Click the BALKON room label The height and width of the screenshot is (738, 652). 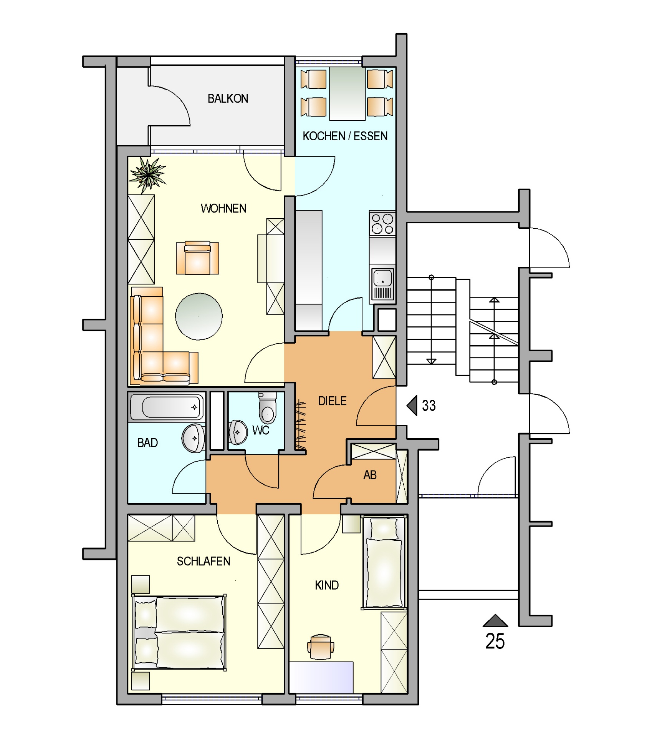pos(228,98)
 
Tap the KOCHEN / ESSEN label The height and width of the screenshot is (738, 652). pos(345,136)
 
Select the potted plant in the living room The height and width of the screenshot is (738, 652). pos(147,175)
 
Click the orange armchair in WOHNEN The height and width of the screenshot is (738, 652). pos(197,258)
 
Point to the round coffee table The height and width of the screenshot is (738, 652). pos(199,316)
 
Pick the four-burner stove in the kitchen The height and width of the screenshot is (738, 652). pos(382,224)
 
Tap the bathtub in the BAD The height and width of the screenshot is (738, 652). pos(167,407)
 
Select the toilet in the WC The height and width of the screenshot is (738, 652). pos(268,408)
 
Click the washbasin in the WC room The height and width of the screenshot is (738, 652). pos(238,432)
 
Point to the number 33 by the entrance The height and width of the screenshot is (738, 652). pos(429,406)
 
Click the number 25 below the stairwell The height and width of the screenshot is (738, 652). pos(495,641)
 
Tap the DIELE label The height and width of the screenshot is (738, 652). pos(332,401)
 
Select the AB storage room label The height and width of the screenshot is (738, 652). pos(370,475)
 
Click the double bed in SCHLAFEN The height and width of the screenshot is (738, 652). pos(179,633)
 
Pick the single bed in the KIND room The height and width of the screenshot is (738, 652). pos(384,563)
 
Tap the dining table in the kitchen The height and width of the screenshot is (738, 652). pos(347,93)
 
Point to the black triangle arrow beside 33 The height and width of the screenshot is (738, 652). pos(412,406)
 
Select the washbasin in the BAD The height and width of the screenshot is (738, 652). pos(194,438)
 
